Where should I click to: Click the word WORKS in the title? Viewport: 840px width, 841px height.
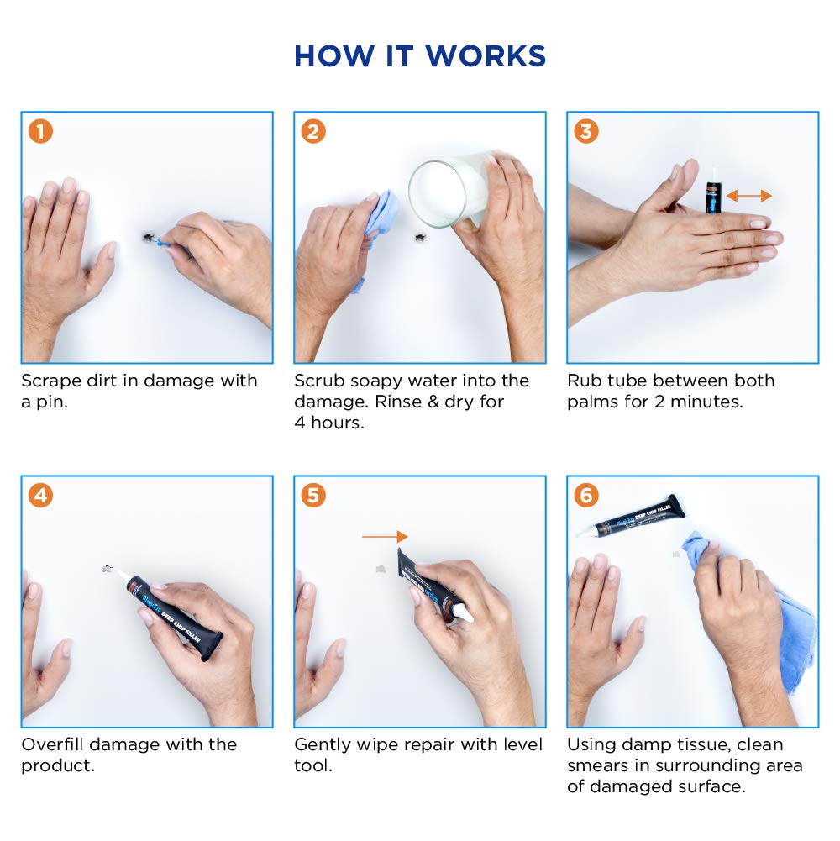tap(486, 55)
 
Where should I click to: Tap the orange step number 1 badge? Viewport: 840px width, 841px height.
tap(41, 131)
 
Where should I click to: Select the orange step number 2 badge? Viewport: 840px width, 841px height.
tap(314, 131)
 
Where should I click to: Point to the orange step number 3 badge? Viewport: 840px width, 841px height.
tap(586, 131)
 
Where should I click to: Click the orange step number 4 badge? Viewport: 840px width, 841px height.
tap(41, 495)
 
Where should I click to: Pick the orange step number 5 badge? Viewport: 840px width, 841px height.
tap(314, 495)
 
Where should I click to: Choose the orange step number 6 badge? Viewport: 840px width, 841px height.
tap(586, 495)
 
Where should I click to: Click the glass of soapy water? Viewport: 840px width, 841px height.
tap(448, 189)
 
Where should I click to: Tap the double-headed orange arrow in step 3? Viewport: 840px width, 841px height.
tap(749, 196)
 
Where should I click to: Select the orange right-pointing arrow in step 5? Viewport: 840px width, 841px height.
tap(385, 536)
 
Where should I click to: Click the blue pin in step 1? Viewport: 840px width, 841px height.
tap(164, 243)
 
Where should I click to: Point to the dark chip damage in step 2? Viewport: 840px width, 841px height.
tap(420, 237)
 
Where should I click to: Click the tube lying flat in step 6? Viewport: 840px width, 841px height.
tap(631, 516)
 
